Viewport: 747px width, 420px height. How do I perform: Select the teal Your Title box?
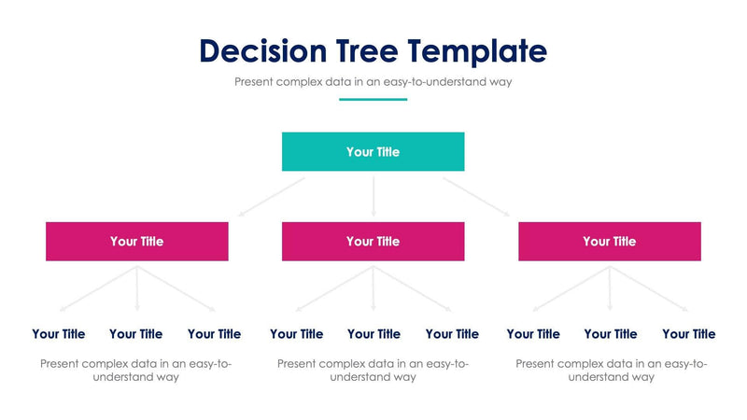[x=373, y=151]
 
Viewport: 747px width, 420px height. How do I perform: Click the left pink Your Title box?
[x=136, y=241]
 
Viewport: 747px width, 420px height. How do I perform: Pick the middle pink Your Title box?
[x=373, y=241]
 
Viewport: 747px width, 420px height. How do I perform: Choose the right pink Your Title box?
[x=609, y=241]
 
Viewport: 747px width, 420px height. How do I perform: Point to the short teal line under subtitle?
[x=373, y=99]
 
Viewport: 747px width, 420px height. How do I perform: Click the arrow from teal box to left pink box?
[x=272, y=197]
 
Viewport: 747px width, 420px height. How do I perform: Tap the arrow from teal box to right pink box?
[x=476, y=197]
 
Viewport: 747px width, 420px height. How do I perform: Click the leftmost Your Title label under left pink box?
[x=58, y=333]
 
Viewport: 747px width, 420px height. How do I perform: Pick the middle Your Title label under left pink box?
[x=135, y=333]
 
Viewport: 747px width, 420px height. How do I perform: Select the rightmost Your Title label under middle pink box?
[x=452, y=333]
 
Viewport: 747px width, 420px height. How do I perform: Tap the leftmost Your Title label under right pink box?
[x=533, y=333]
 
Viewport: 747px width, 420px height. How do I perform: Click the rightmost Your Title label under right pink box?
[x=688, y=333]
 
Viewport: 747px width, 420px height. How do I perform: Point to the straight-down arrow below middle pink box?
[x=373, y=288]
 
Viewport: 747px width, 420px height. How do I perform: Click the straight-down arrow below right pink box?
[x=610, y=288]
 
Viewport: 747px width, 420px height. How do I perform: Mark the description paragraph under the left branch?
[x=136, y=370]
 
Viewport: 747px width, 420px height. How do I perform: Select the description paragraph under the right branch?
[x=611, y=370]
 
